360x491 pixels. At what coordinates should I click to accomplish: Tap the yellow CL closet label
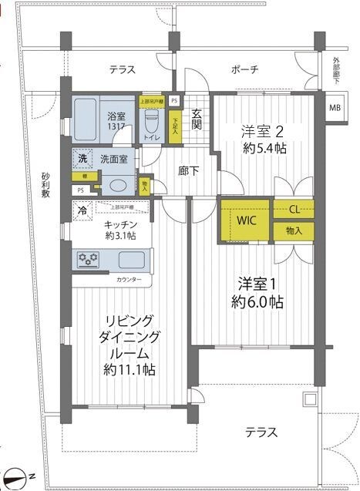pos(294,209)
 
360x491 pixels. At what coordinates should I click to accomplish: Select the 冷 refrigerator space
pos(82,208)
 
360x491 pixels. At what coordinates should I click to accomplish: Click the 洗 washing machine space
pos(82,159)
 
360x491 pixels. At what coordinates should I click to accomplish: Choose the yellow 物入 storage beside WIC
pos(294,230)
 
